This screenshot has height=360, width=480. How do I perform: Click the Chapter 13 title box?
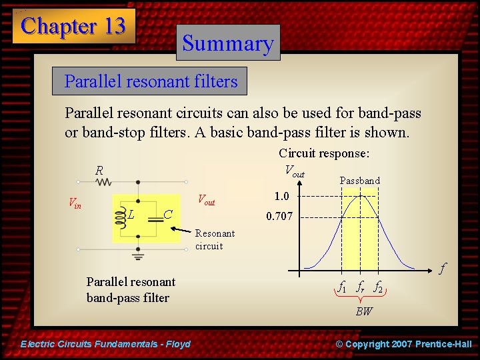[x=73, y=26]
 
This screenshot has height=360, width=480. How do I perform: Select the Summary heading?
[x=228, y=43]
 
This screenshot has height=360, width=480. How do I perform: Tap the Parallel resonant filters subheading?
[x=151, y=81]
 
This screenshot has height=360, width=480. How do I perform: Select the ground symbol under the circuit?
[x=138, y=255]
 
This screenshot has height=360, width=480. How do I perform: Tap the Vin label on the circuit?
[x=75, y=204]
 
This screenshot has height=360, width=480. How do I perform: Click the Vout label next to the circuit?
[x=207, y=201]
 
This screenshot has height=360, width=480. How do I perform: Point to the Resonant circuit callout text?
[x=215, y=239]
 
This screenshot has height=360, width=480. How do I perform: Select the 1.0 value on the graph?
[x=281, y=196]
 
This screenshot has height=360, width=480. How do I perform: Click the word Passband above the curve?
[x=359, y=181]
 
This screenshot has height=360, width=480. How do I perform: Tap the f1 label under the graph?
[x=342, y=288]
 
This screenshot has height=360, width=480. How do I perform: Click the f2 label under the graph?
[x=377, y=288]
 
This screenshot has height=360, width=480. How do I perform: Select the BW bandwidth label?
[x=363, y=311]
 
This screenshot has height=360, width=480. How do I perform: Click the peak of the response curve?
[x=360, y=195]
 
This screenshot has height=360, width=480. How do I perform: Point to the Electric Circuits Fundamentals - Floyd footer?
[x=106, y=344]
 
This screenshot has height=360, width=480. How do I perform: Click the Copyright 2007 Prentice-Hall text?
[x=403, y=344]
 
